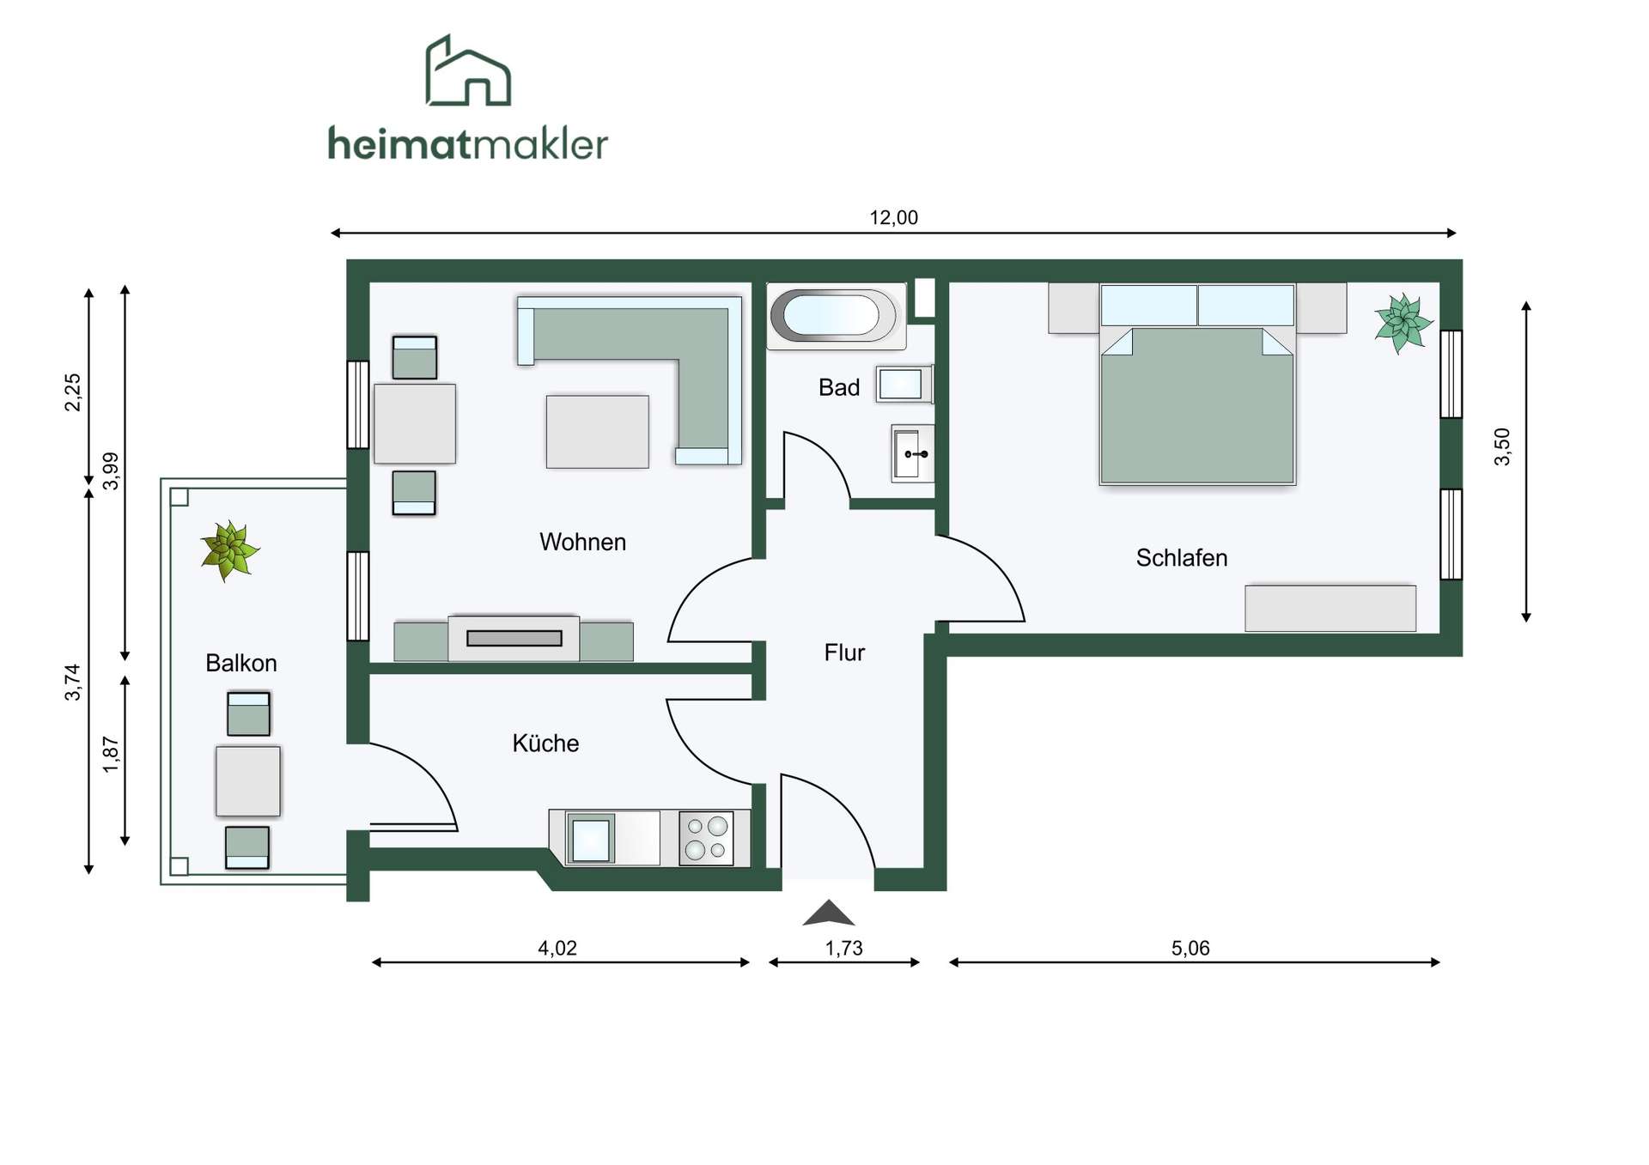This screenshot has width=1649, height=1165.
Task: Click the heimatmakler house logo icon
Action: (468, 70)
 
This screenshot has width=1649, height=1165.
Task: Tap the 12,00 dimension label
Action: (893, 218)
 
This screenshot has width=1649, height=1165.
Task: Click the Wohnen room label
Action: (582, 542)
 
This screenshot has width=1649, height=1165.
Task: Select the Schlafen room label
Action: (1182, 558)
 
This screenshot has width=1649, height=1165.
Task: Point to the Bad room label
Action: (839, 388)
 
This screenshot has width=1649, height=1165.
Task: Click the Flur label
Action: (844, 652)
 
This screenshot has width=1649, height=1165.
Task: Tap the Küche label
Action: (545, 743)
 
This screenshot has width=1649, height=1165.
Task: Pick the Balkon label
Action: (241, 663)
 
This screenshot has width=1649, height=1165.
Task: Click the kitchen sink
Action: (591, 839)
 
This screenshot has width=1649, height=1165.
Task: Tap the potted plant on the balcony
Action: (229, 550)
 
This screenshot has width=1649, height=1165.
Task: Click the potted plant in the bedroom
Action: (1403, 323)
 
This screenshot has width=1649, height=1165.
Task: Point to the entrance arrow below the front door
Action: (828, 913)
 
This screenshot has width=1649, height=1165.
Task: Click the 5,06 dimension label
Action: (1190, 948)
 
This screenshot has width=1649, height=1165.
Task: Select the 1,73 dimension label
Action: (843, 948)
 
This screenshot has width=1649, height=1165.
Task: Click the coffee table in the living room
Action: (598, 432)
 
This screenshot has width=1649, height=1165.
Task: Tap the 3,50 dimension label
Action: (1502, 446)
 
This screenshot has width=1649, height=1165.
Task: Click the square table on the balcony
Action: (248, 781)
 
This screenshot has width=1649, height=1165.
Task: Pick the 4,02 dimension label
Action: (557, 948)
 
